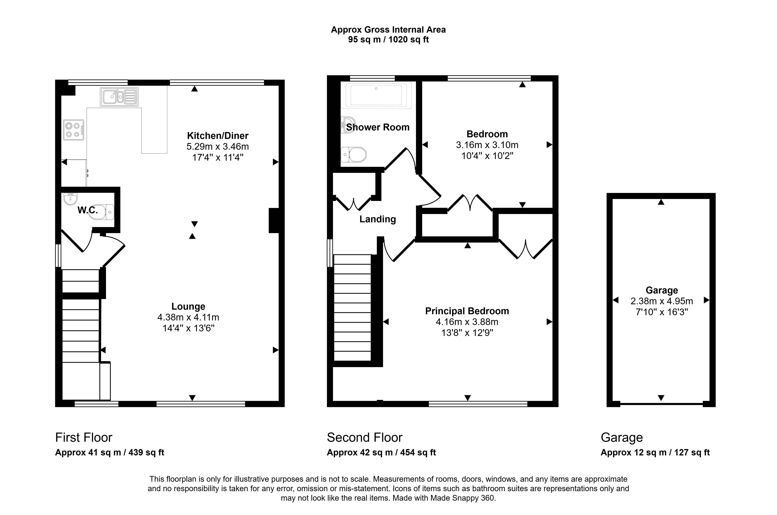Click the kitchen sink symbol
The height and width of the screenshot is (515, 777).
(x=119, y=97)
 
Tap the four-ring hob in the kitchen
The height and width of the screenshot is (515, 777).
(x=74, y=130)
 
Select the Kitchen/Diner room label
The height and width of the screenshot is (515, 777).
(x=218, y=136)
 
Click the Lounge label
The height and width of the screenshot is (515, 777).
(x=188, y=306)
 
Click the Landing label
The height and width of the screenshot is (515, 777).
(x=378, y=219)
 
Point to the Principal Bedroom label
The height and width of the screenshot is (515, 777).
(x=467, y=311)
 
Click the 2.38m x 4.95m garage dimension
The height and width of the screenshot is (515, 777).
(x=662, y=301)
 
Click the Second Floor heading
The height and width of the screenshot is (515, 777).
(x=365, y=437)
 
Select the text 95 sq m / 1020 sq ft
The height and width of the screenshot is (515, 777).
(x=388, y=40)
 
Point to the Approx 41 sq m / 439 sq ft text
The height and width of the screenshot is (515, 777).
(x=110, y=453)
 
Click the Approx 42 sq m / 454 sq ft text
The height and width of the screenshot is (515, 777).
(x=381, y=453)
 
